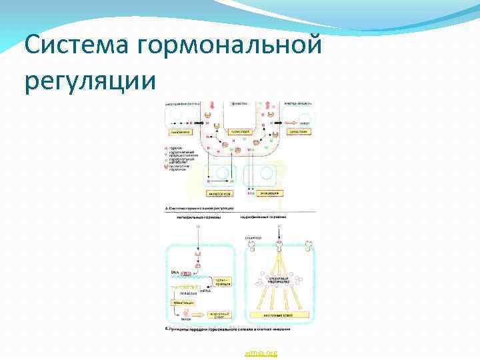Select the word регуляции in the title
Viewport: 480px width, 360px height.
(90, 81)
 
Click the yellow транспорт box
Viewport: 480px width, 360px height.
(239, 132)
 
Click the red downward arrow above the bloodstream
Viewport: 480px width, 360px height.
(214, 107)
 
